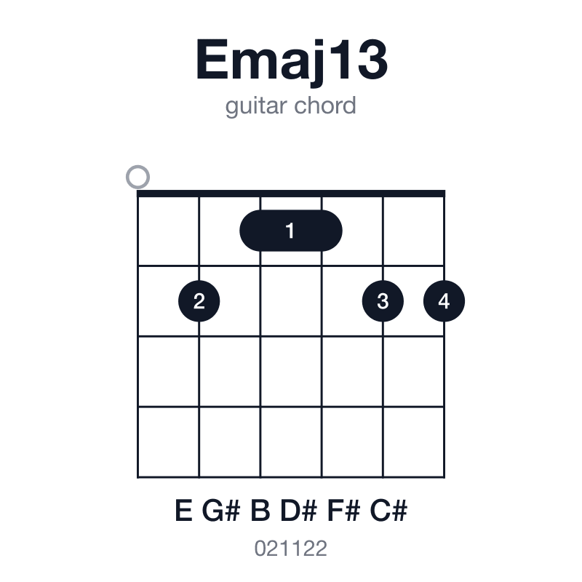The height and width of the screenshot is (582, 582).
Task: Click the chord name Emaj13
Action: [292, 61]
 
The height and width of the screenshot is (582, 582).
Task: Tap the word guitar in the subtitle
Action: [256, 106]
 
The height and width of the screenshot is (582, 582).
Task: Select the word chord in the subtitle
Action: [324, 105]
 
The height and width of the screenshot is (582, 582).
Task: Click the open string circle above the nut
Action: [137, 177]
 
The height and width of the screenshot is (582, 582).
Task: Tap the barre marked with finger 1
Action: [291, 231]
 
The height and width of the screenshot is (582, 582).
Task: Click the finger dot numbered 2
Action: [199, 301]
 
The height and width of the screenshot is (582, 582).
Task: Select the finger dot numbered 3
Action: [383, 301]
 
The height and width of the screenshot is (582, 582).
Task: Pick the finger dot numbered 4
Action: [444, 301]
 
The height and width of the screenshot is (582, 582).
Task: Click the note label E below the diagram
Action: [184, 511]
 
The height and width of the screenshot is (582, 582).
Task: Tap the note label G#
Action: [221, 511]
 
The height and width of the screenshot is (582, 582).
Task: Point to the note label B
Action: [260, 511]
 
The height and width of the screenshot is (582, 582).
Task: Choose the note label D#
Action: [298, 511]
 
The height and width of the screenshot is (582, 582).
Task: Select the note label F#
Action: [343, 511]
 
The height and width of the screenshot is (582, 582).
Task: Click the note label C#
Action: [388, 511]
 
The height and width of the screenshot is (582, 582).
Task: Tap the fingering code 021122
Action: [290, 549]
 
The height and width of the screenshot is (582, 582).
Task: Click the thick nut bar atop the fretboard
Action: [291, 194]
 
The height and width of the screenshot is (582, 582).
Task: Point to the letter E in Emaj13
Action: [212, 60]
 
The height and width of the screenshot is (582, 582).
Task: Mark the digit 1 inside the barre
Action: [290, 231]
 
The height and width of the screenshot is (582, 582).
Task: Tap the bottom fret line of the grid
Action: [291, 477]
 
